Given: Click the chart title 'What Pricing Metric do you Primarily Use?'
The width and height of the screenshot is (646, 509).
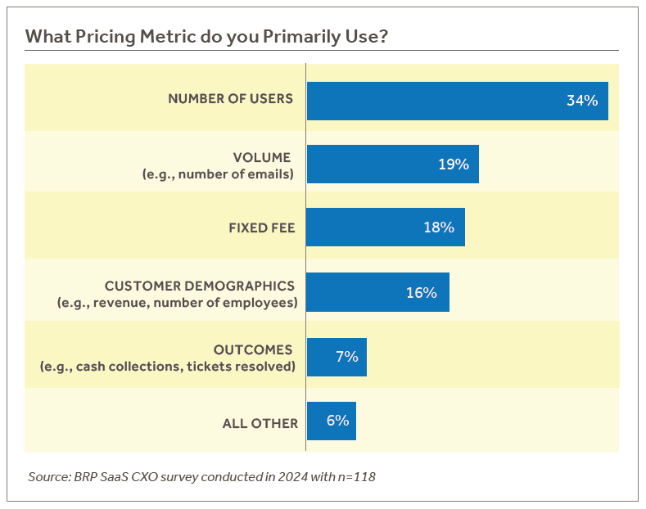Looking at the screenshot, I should coord(206,37).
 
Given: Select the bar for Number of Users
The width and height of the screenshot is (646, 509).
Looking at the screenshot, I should coord(434,101).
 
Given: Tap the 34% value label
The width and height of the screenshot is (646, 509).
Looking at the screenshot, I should coord(582,101).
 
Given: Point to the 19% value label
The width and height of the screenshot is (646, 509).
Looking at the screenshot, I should coord(453,164).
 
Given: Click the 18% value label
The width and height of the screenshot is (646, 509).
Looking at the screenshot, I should coord(439,227).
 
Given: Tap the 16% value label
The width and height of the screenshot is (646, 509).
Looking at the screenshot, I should coord(422,292).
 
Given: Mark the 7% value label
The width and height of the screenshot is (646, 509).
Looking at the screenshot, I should coord(347,357).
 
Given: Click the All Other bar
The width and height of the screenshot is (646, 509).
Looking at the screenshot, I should coord(318,421).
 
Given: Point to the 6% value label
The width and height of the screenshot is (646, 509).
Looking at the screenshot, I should coord(337,421).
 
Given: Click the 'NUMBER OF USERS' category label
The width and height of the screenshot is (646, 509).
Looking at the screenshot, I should coord(230,98).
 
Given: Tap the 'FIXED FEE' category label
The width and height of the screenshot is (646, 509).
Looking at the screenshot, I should coord(261,227).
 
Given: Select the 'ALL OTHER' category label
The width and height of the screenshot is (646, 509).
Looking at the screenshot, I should coord(260,423).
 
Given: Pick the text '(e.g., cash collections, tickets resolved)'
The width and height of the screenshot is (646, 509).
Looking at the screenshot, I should coord(167,366).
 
